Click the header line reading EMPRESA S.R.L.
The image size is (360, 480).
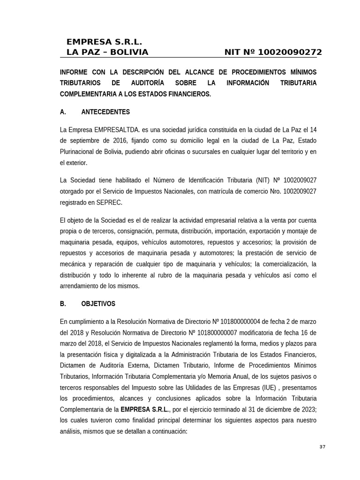pyautogui.click(x=104, y=42)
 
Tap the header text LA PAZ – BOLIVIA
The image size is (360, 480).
pyautogui.click(x=107, y=52)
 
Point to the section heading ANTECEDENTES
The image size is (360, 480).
pyautogui.click(x=105, y=112)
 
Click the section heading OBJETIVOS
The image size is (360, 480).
pyautogui.click(x=98, y=304)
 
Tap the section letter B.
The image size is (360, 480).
pyautogui.click(x=63, y=304)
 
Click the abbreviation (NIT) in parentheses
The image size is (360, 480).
pyautogui.click(x=263, y=180)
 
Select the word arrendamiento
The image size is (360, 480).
pyautogui.click(x=82, y=286)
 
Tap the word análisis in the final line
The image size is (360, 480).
pyautogui.click(x=72, y=431)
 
